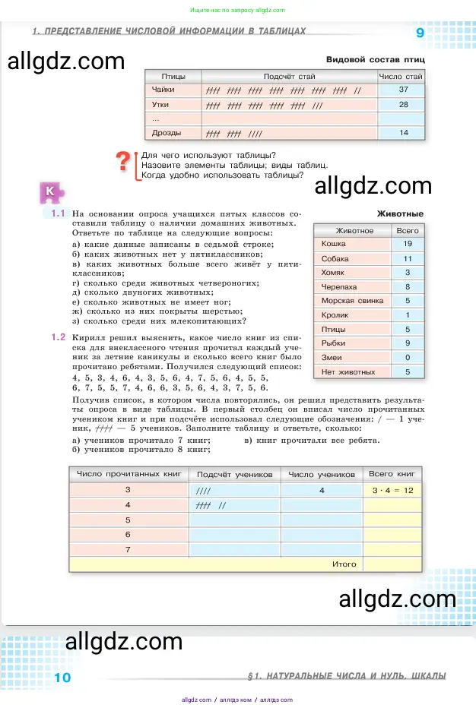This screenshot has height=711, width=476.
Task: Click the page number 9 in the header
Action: coord(420,33)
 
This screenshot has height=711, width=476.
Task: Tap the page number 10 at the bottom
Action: coord(62,677)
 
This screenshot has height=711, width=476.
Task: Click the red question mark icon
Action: coord(124,162)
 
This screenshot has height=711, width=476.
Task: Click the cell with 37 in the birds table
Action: coord(403,90)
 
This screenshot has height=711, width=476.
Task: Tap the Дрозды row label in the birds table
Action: coord(166,134)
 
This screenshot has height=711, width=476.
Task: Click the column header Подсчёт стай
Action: coord(289,77)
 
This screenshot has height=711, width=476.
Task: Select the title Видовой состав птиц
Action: coord(375,59)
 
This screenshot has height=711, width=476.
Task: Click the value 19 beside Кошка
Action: coord(408,244)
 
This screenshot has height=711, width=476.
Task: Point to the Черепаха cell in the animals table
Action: coord(339,287)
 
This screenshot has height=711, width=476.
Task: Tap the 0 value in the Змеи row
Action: coord(408,358)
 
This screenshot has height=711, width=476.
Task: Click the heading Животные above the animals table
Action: coord(400,214)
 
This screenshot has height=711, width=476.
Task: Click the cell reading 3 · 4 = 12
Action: coord(392,491)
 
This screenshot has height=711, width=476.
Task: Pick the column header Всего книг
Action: coord(391,474)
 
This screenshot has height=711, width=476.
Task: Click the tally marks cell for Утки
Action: coord(289,105)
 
